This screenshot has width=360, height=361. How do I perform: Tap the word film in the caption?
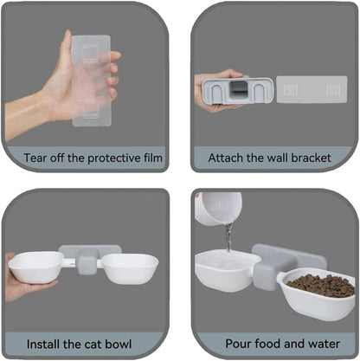153,158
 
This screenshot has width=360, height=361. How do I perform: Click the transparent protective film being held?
91,81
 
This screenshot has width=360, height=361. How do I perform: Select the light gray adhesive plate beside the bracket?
312,89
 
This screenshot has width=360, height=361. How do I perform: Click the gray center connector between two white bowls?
87,261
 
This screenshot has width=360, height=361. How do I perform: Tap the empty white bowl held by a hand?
35,267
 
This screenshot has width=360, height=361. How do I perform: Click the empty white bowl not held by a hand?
130,268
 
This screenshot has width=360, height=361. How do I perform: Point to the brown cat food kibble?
321,286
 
